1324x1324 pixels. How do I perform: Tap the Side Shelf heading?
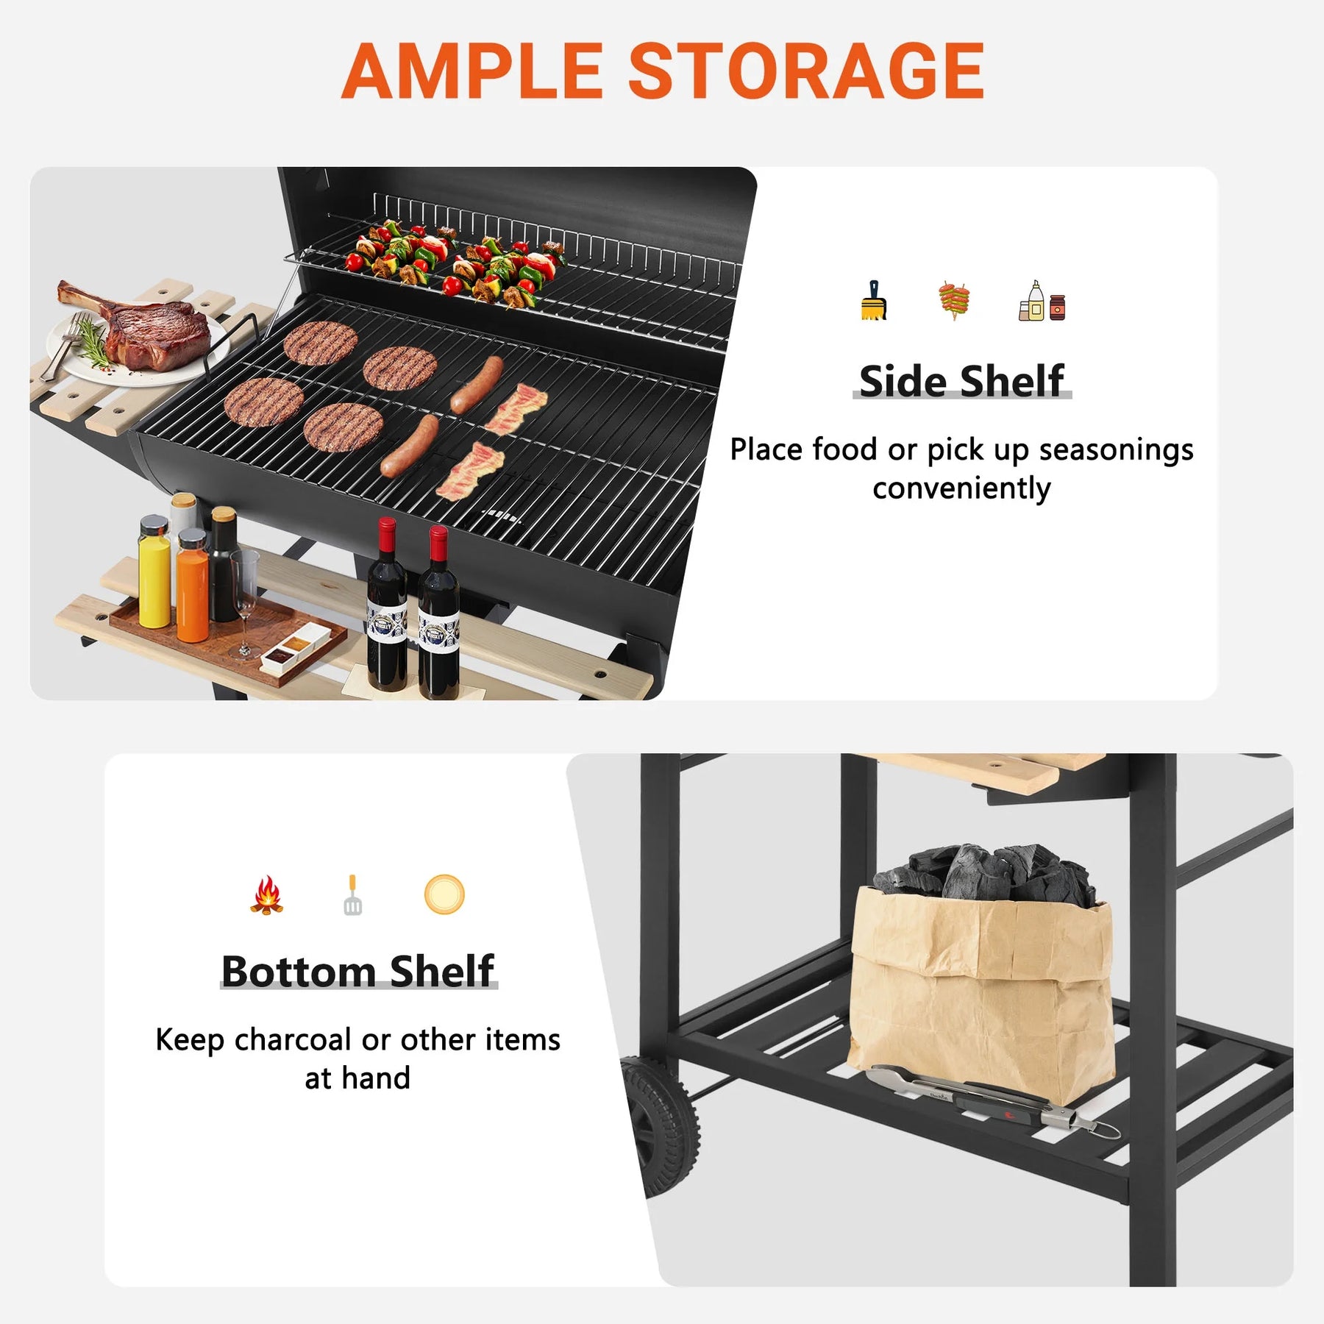(961, 381)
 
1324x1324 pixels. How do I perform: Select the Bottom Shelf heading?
(358, 971)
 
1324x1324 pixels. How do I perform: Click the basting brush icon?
(873, 301)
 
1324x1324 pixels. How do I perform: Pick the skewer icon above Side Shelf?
(954, 300)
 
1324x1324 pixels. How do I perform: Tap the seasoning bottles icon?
(1042, 301)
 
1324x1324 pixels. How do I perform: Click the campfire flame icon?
(266, 894)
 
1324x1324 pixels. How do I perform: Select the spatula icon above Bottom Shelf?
(352, 894)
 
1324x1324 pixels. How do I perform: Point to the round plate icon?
(444, 894)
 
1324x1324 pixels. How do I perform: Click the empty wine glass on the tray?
(245, 603)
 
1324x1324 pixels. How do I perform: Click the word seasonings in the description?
(1116, 451)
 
